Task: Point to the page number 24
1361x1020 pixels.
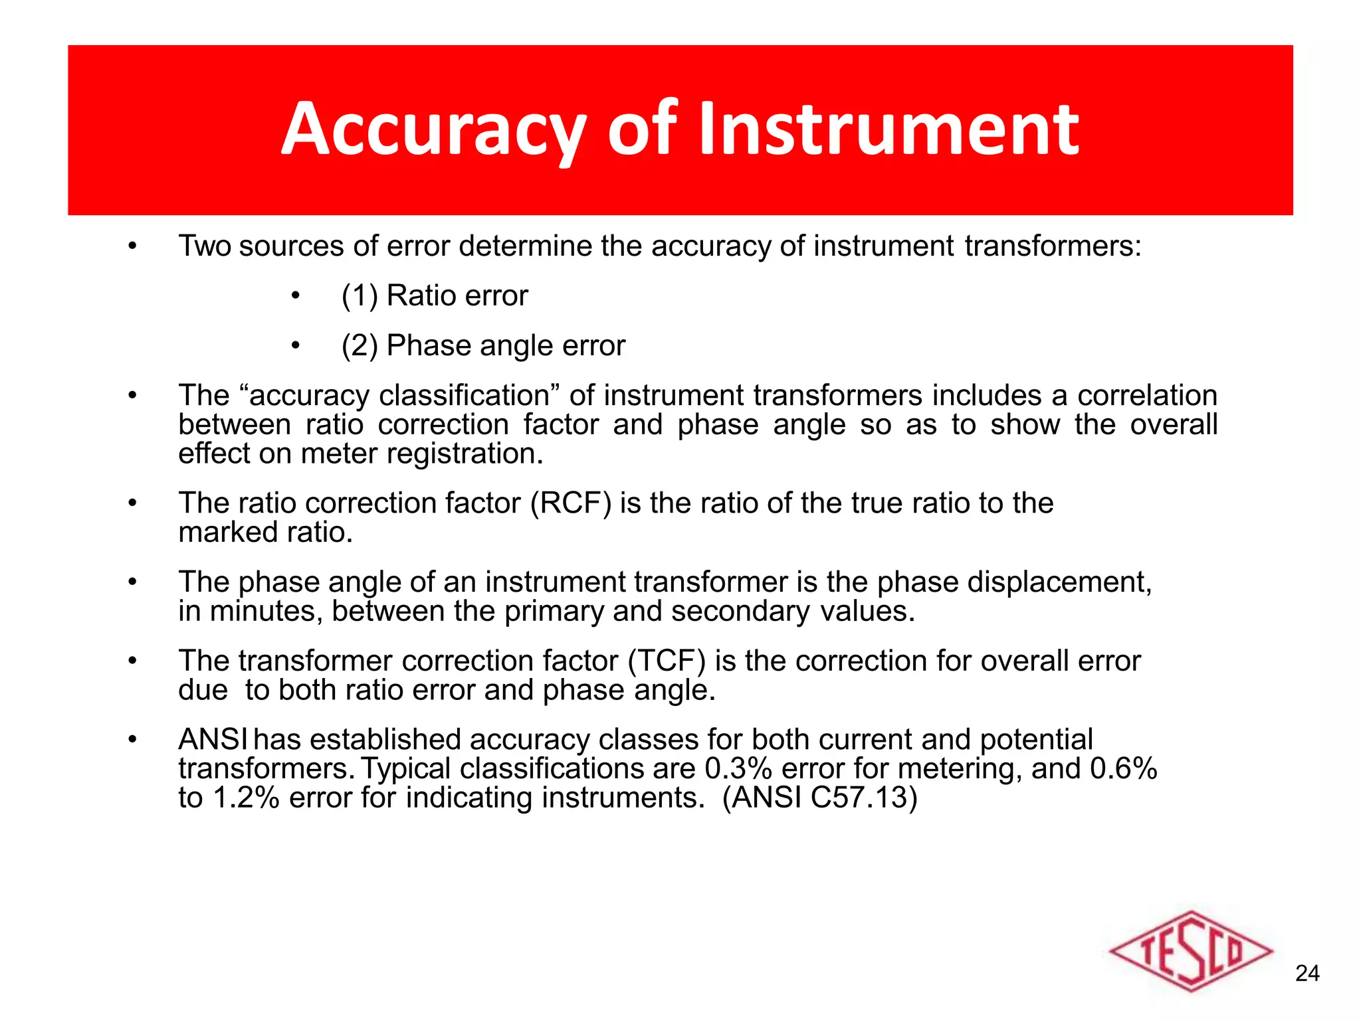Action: tap(1307, 974)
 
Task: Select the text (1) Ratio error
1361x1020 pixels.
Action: tap(435, 296)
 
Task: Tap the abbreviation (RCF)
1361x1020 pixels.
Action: tap(571, 503)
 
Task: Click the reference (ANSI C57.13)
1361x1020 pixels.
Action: tap(820, 798)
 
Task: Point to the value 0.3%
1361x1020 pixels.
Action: tap(738, 769)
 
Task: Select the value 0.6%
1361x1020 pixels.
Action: tap(1124, 769)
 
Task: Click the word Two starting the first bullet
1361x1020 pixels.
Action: tap(205, 246)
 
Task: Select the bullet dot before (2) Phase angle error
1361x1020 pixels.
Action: tap(296, 345)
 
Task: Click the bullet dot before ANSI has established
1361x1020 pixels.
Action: tap(132, 740)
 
